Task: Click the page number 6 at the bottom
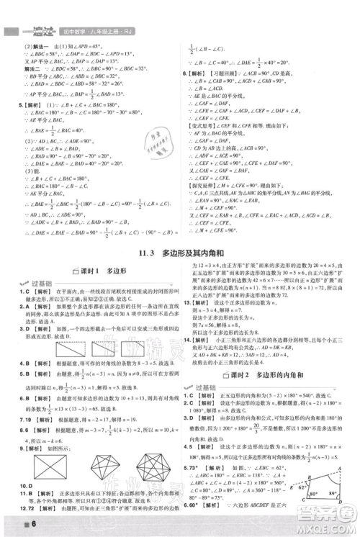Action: point(15,522)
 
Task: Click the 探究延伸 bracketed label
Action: point(201,183)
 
